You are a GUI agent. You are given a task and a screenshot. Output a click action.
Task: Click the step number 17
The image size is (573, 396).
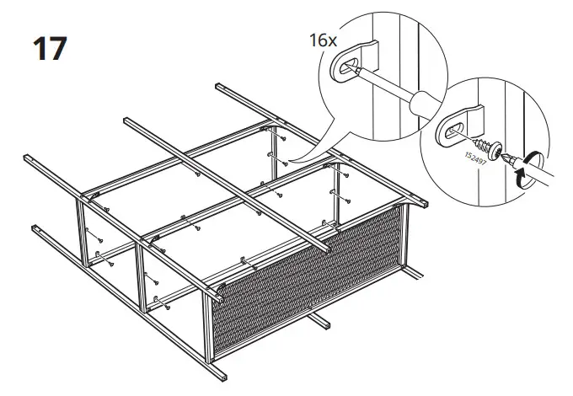48,48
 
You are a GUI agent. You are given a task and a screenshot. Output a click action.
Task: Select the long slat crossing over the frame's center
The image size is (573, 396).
228,181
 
